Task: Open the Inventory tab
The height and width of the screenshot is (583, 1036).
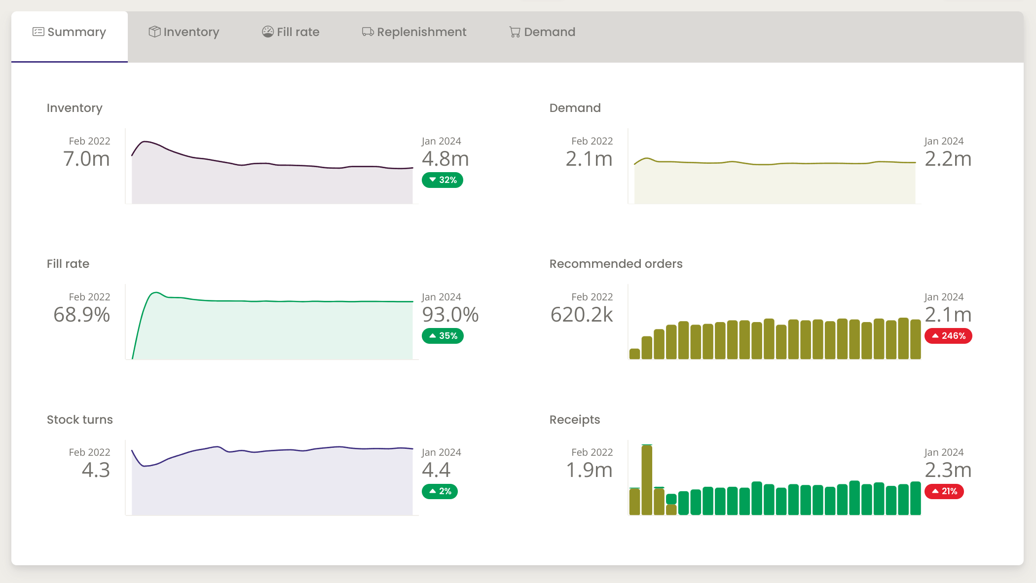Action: pyautogui.click(x=184, y=32)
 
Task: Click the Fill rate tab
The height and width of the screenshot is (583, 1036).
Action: pyautogui.click(x=291, y=32)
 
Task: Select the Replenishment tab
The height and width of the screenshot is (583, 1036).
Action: pyautogui.click(x=414, y=32)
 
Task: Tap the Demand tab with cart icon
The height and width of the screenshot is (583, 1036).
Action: pyautogui.click(x=542, y=32)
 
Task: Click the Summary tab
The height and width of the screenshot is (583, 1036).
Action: pyautogui.click(x=70, y=32)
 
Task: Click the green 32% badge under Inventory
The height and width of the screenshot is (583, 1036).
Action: pyautogui.click(x=443, y=180)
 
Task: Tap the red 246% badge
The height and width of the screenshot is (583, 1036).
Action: pyautogui.click(x=948, y=336)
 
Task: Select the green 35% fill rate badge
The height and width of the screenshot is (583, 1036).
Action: pyautogui.click(x=443, y=336)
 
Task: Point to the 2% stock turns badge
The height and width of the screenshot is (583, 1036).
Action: pyautogui.click(x=440, y=491)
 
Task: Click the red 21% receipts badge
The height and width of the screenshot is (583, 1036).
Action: pyautogui.click(x=944, y=491)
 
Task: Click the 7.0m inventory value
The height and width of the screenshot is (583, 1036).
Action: pyautogui.click(x=86, y=159)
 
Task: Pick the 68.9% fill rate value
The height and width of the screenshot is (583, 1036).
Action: pyautogui.click(x=82, y=315)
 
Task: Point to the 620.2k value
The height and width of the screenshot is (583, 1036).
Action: pyautogui.click(x=582, y=315)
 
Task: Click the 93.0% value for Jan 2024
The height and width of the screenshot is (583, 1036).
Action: pyautogui.click(x=450, y=315)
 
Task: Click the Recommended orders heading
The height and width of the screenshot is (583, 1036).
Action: pyautogui.click(x=616, y=264)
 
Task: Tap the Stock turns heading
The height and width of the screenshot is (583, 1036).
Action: pyautogui.click(x=80, y=420)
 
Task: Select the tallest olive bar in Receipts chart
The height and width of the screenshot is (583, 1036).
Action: pyautogui.click(x=647, y=480)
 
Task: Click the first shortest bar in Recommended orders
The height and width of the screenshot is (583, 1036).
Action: pyautogui.click(x=634, y=354)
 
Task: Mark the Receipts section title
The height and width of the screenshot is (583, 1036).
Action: pyautogui.click(x=575, y=420)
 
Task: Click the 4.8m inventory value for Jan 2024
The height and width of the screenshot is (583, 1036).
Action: pyautogui.click(x=445, y=159)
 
